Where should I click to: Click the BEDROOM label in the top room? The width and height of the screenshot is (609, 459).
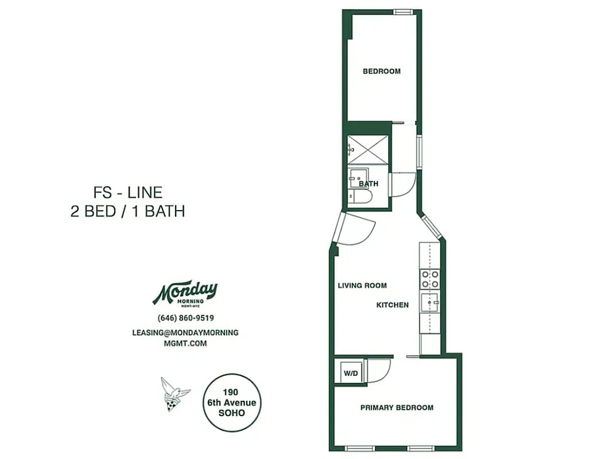point(381,72)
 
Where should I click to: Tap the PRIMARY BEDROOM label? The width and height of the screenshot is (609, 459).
point(397,408)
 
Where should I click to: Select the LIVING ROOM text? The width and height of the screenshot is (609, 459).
point(362,286)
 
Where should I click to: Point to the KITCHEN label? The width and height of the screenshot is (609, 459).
point(393,305)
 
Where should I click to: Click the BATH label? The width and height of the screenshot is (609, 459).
point(368,184)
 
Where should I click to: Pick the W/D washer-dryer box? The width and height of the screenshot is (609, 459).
point(351,374)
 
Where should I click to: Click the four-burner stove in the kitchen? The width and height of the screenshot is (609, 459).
point(430,279)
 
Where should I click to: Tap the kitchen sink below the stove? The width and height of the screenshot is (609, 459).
point(429,302)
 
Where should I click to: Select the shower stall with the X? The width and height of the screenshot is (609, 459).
point(367,150)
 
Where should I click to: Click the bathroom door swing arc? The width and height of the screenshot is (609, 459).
point(402,185)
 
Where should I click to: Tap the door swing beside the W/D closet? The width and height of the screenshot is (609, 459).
point(379,370)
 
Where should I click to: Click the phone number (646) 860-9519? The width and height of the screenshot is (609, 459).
point(185,318)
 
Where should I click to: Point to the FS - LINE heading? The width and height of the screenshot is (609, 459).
point(127,192)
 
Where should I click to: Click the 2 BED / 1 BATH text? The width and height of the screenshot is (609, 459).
point(127,211)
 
